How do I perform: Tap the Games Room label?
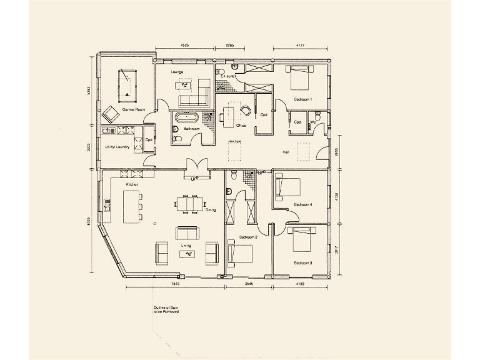(x=133, y=109)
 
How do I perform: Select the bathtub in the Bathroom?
(x=186, y=117)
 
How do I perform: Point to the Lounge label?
(x=177, y=72)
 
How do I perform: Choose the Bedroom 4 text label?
(x=303, y=204)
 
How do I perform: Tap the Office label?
(x=241, y=126)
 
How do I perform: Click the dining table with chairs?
(x=191, y=203)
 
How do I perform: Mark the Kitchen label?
(x=131, y=185)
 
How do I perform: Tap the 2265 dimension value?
(x=229, y=45)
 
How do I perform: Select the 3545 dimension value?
(x=249, y=284)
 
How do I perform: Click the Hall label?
(x=286, y=152)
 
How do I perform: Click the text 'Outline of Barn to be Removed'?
(x=166, y=309)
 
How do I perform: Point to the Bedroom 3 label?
(x=302, y=263)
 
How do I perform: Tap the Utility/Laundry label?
(x=117, y=147)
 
